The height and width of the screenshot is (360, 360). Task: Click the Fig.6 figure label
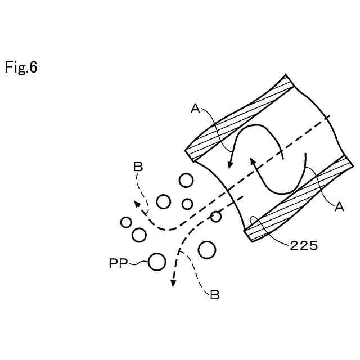click(x=21, y=68)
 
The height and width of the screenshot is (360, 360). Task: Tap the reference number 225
click(x=304, y=245)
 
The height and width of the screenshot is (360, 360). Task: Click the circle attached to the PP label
click(x=157, y=262)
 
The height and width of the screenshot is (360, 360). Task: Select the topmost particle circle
click(x=186, y=181)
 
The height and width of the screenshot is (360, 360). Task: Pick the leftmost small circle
click(x=126, y=222)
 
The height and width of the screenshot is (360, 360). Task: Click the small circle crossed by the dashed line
click(x=215, y=217)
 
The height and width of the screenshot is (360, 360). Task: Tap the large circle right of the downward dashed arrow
click(x=207, y=250)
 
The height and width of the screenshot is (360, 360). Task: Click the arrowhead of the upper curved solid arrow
click(x=228, y=165)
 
